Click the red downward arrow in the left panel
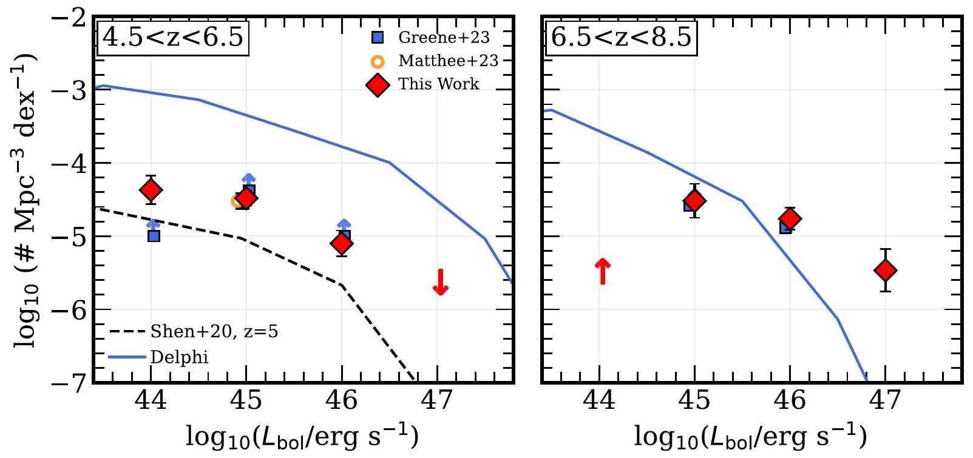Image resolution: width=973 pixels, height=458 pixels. [441, 282]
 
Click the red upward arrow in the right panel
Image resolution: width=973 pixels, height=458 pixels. [602, 271]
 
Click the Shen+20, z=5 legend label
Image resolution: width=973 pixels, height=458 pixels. [214, 331]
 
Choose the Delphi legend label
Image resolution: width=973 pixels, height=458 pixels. [179, 357]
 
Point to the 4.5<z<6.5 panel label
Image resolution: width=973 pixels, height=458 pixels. [173, 38]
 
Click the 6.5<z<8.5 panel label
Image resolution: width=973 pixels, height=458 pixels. [621, 38]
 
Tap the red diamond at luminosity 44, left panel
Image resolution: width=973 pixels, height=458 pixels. [151, 190]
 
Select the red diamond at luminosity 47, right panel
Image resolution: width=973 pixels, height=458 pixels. [886, 270]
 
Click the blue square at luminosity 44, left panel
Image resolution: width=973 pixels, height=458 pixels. [154, 235]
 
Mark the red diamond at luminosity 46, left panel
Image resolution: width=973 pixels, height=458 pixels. [342, 244]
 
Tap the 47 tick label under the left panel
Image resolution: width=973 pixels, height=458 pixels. [437, 401]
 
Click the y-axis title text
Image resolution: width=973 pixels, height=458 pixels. [25, 200]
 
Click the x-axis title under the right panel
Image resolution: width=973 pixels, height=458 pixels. [750, 436]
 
